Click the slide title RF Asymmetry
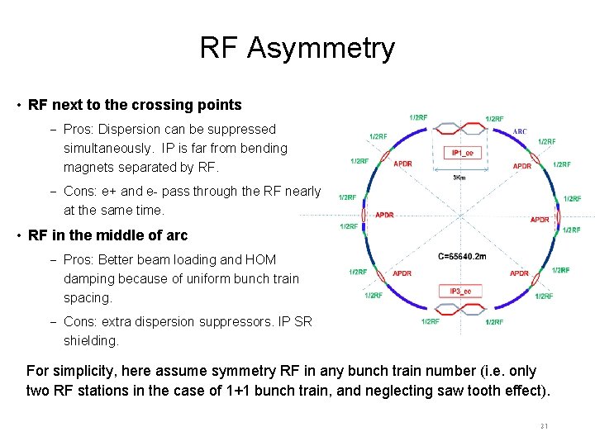297,48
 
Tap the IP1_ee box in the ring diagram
463,153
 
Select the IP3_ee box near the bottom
460,291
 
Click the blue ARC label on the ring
520,132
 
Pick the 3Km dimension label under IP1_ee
459,178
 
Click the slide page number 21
544,426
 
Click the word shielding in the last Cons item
92,340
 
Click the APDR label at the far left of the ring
384,215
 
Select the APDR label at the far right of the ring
540,220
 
